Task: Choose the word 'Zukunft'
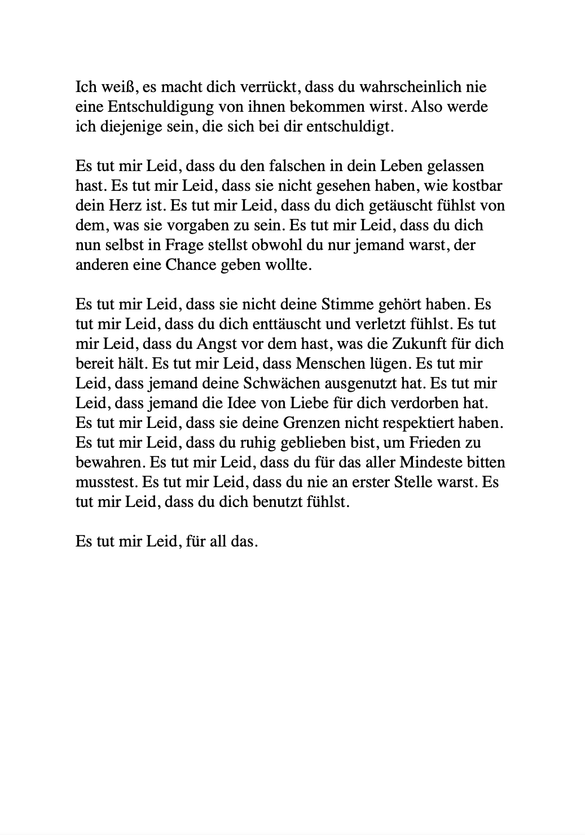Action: point(416,344)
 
